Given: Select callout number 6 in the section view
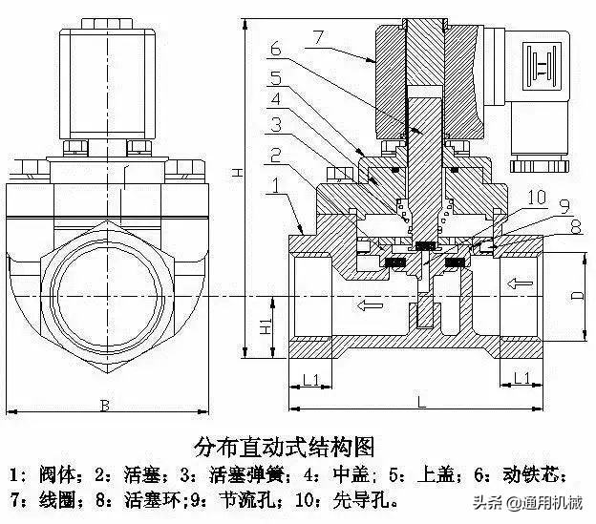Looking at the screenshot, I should (x=276, y=49).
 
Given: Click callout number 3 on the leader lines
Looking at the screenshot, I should (x=275, y=124).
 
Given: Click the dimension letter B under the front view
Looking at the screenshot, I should (x=104, y=407).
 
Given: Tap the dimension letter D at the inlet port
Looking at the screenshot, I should (x=574, y=296).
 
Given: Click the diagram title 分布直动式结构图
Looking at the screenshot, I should (x=284, y=446).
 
